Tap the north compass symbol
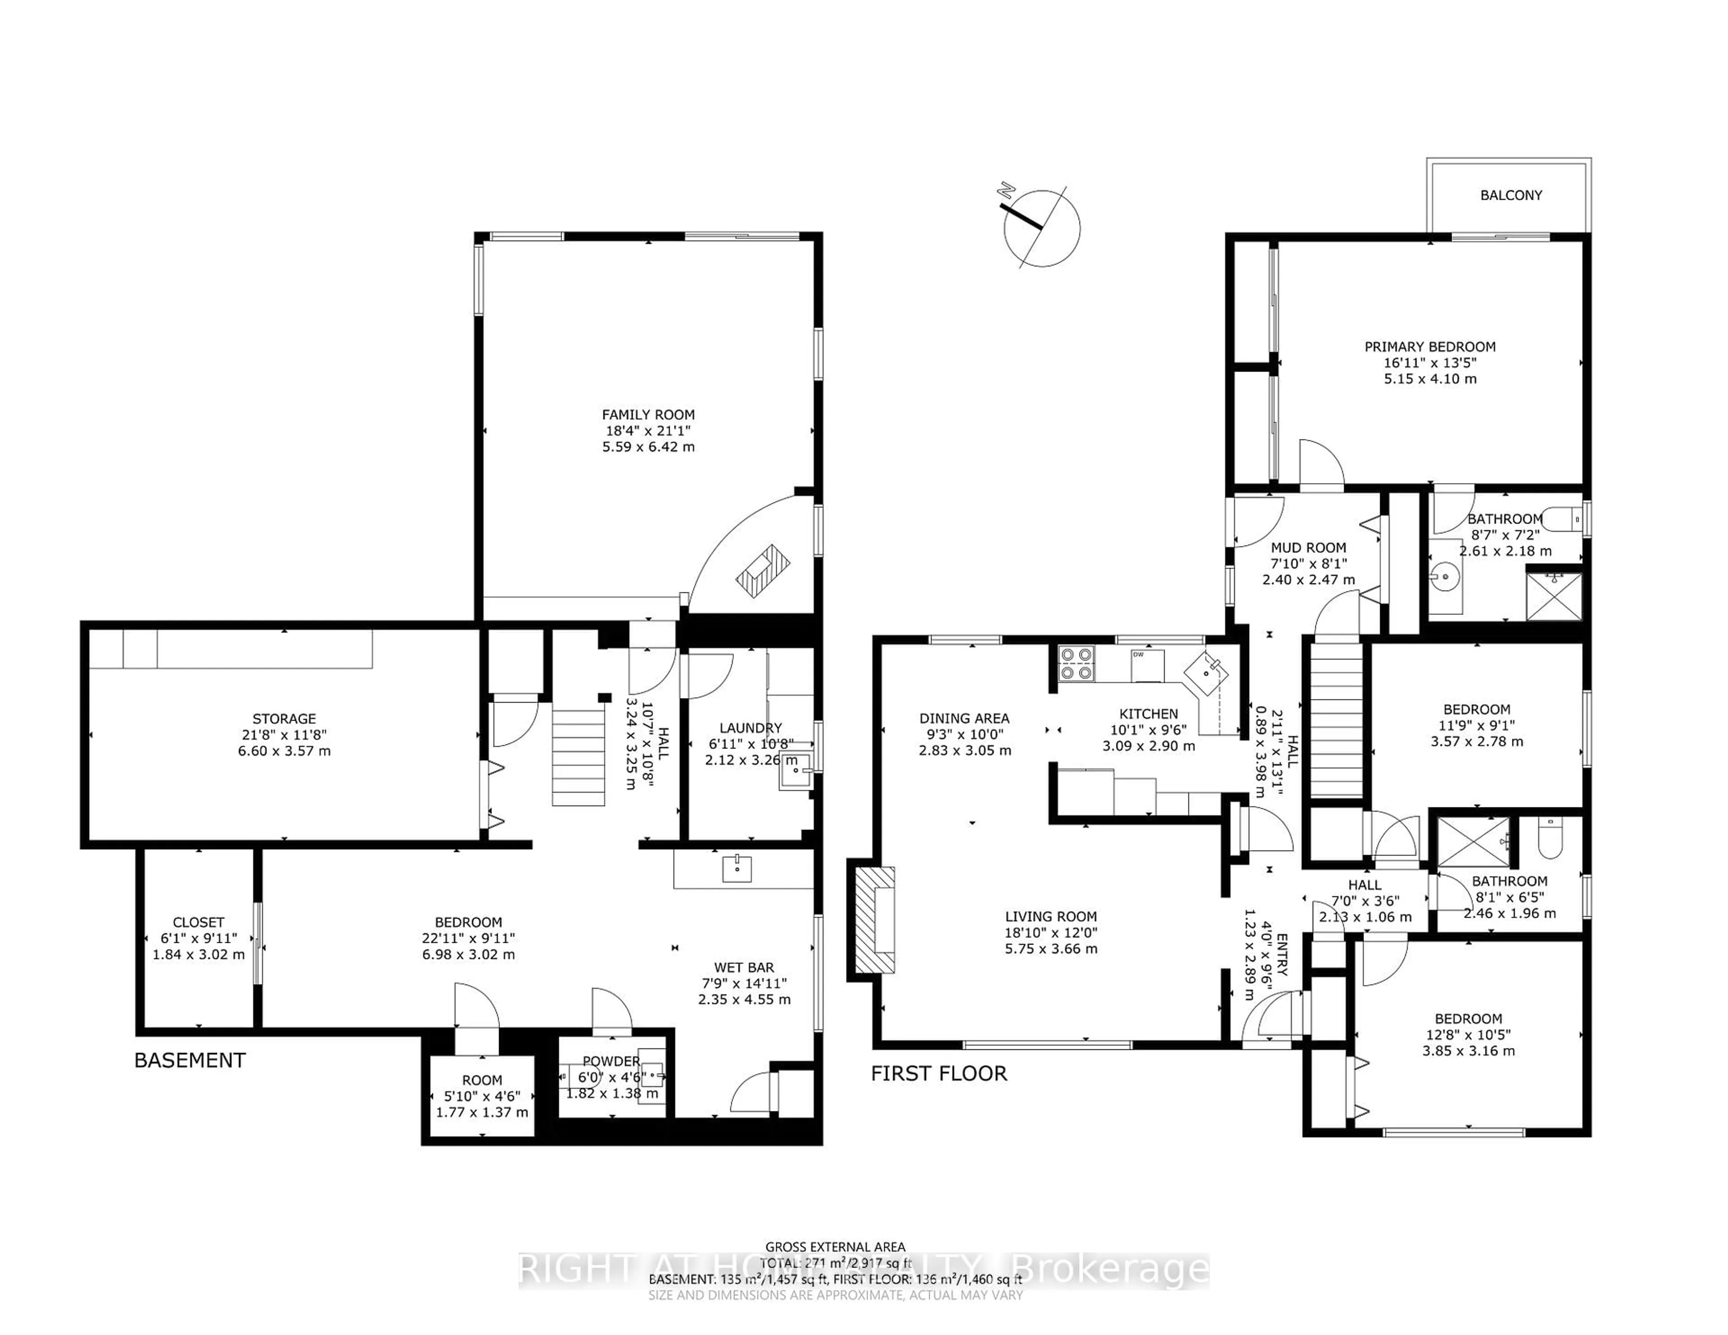pyautogui.click(x=1041, y=228)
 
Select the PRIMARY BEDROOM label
pyautogui.click(x=1430, y=346)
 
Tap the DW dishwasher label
pyautogui.click(x=1138, y=655)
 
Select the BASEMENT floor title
pyautogui.click(x=190, y=1061)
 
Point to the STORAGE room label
pyautogui.click(x=284, y=719)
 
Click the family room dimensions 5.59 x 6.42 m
pyautogui.click(x=648, y=447)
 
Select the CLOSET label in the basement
pyautogui.click(x=198, y=922)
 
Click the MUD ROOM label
pyautogui.click(x=1308, y=547)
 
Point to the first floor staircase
pyautogui.click(x=1337, y=720)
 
